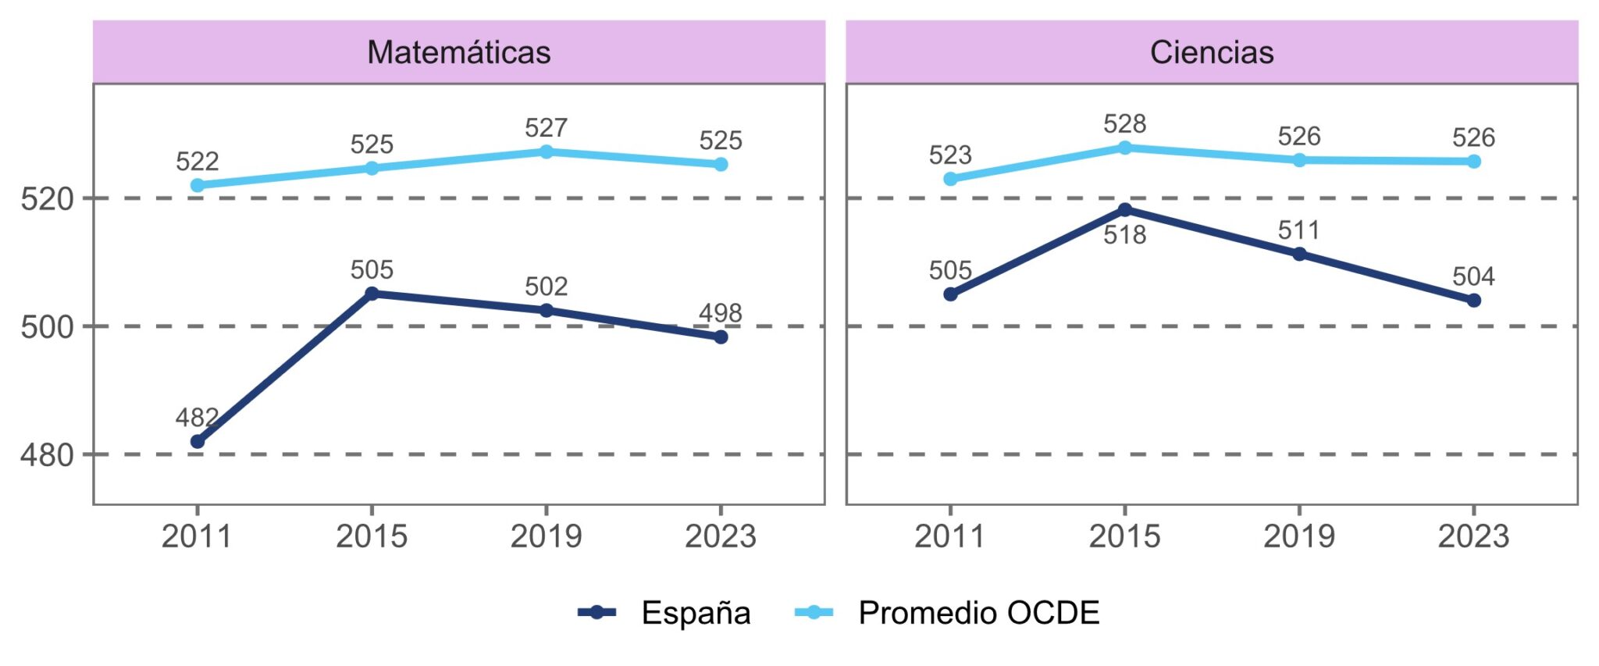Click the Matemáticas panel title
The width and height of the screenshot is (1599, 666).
[x=458, y=52]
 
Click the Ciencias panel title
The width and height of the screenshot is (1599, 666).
[x=1211, y=52]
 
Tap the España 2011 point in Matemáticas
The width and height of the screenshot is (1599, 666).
[x=198, y=442]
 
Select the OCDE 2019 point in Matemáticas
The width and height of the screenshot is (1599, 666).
[x=547, y=151]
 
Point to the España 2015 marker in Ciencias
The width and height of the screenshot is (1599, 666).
[x=1125, y=209]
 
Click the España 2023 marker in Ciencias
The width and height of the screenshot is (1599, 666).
[x=1474, y=301]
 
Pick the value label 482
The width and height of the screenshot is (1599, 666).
[x=196, y=418]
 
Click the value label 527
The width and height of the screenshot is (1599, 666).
[x=546, y=127]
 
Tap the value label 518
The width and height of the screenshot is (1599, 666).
[x=1124, y=235]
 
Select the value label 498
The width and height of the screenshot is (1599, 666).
[x=720, y=313]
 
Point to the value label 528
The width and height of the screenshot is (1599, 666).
[x=1124, y=123]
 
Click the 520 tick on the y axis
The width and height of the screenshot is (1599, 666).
[x=47, y=199]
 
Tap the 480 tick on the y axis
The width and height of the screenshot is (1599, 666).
[x=47, y=455]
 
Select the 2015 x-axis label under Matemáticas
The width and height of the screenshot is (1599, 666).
[x=372, y=536]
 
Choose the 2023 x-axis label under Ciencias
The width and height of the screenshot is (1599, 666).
[x=1473, y=536]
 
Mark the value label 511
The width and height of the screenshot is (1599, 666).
[x=1298, y=230]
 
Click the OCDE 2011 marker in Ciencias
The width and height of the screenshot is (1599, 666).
[x=950, y=179]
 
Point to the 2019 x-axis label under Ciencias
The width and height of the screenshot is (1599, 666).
[x=1299, y=536]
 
